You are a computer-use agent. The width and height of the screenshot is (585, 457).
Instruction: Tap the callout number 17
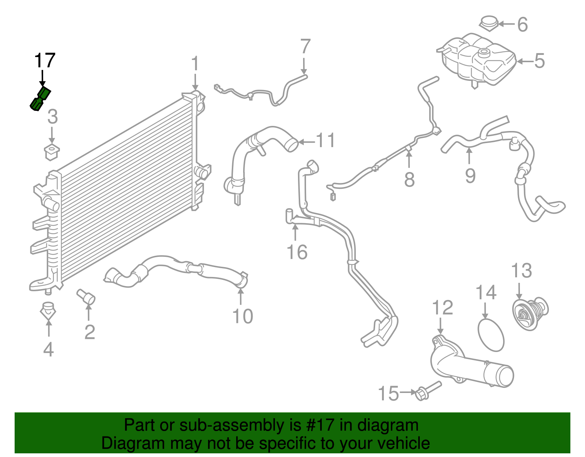point(45,60)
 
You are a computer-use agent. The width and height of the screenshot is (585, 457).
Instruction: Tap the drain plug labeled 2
point(86,296)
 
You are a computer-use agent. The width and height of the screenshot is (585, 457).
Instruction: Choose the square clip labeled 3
point(52,152)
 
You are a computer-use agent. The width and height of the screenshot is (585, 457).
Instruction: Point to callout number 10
point(242,316)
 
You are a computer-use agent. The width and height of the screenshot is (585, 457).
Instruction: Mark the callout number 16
point(297,252)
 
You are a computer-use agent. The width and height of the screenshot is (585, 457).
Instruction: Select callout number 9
point(470,175)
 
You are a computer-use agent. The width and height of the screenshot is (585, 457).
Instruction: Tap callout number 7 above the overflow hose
point(305,47)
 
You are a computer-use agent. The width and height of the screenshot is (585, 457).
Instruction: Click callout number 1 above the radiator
point(195,64)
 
